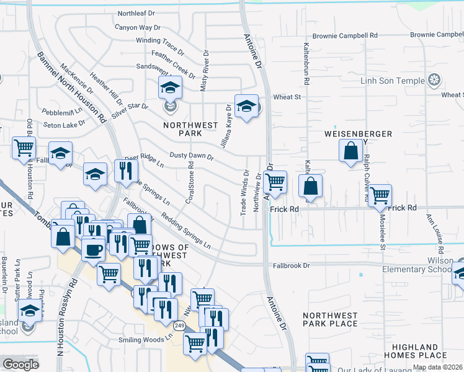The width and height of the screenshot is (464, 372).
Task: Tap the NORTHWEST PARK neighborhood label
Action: click(190, 129)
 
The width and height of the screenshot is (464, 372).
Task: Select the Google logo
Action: click(20, 365)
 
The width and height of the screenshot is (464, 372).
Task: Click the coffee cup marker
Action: click(93, 249)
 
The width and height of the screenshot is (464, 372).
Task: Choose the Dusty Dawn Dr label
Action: click(192, 157)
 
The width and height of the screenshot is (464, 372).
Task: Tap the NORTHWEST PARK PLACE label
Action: click(330, 319)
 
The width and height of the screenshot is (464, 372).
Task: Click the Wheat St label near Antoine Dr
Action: click(287, 97)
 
